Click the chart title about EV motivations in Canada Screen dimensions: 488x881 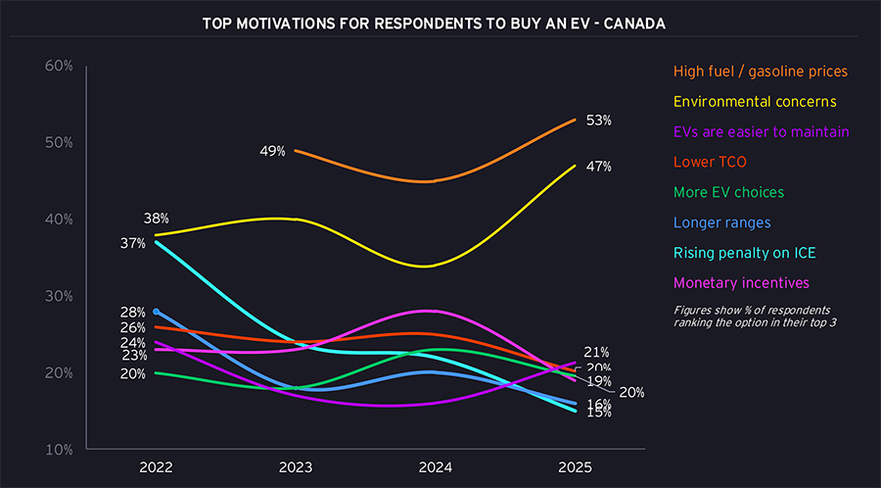tap(433, 23)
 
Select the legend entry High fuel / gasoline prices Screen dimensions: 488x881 tap(761, 71)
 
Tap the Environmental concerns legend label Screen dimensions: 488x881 tap(754, 101)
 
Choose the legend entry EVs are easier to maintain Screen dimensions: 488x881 tap(761, 131)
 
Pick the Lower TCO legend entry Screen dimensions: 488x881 tap(710, 162)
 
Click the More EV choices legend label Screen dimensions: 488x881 tap(728, 192)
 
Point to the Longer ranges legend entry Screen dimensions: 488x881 tap(722, 222)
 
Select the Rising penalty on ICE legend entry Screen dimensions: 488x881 tap(745, 253)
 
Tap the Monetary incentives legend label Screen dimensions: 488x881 tap(741, 283)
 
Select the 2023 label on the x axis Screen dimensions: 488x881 tap(296, 468)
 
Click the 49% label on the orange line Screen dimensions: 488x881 tap(272, 151)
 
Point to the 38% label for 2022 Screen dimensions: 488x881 tap(157, 219)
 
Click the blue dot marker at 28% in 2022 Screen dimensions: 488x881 tap(157, 312)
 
